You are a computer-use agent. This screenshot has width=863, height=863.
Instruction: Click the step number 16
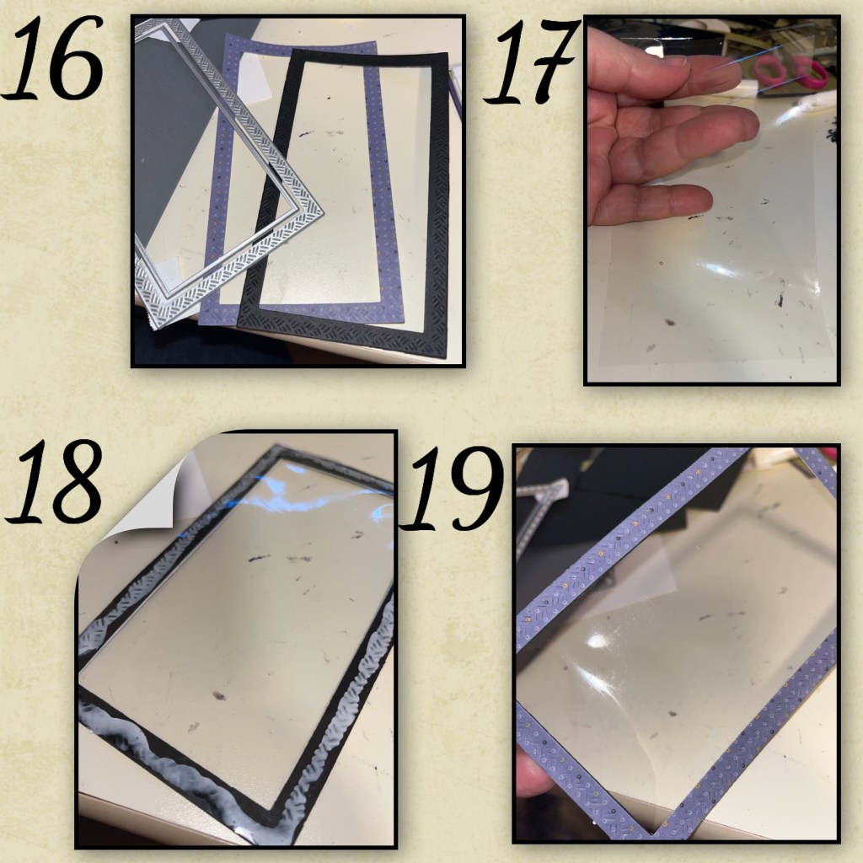(52, 58)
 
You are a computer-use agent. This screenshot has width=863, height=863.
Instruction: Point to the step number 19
(453, 489)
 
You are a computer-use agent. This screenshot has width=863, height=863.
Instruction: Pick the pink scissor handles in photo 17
(791, 70)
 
